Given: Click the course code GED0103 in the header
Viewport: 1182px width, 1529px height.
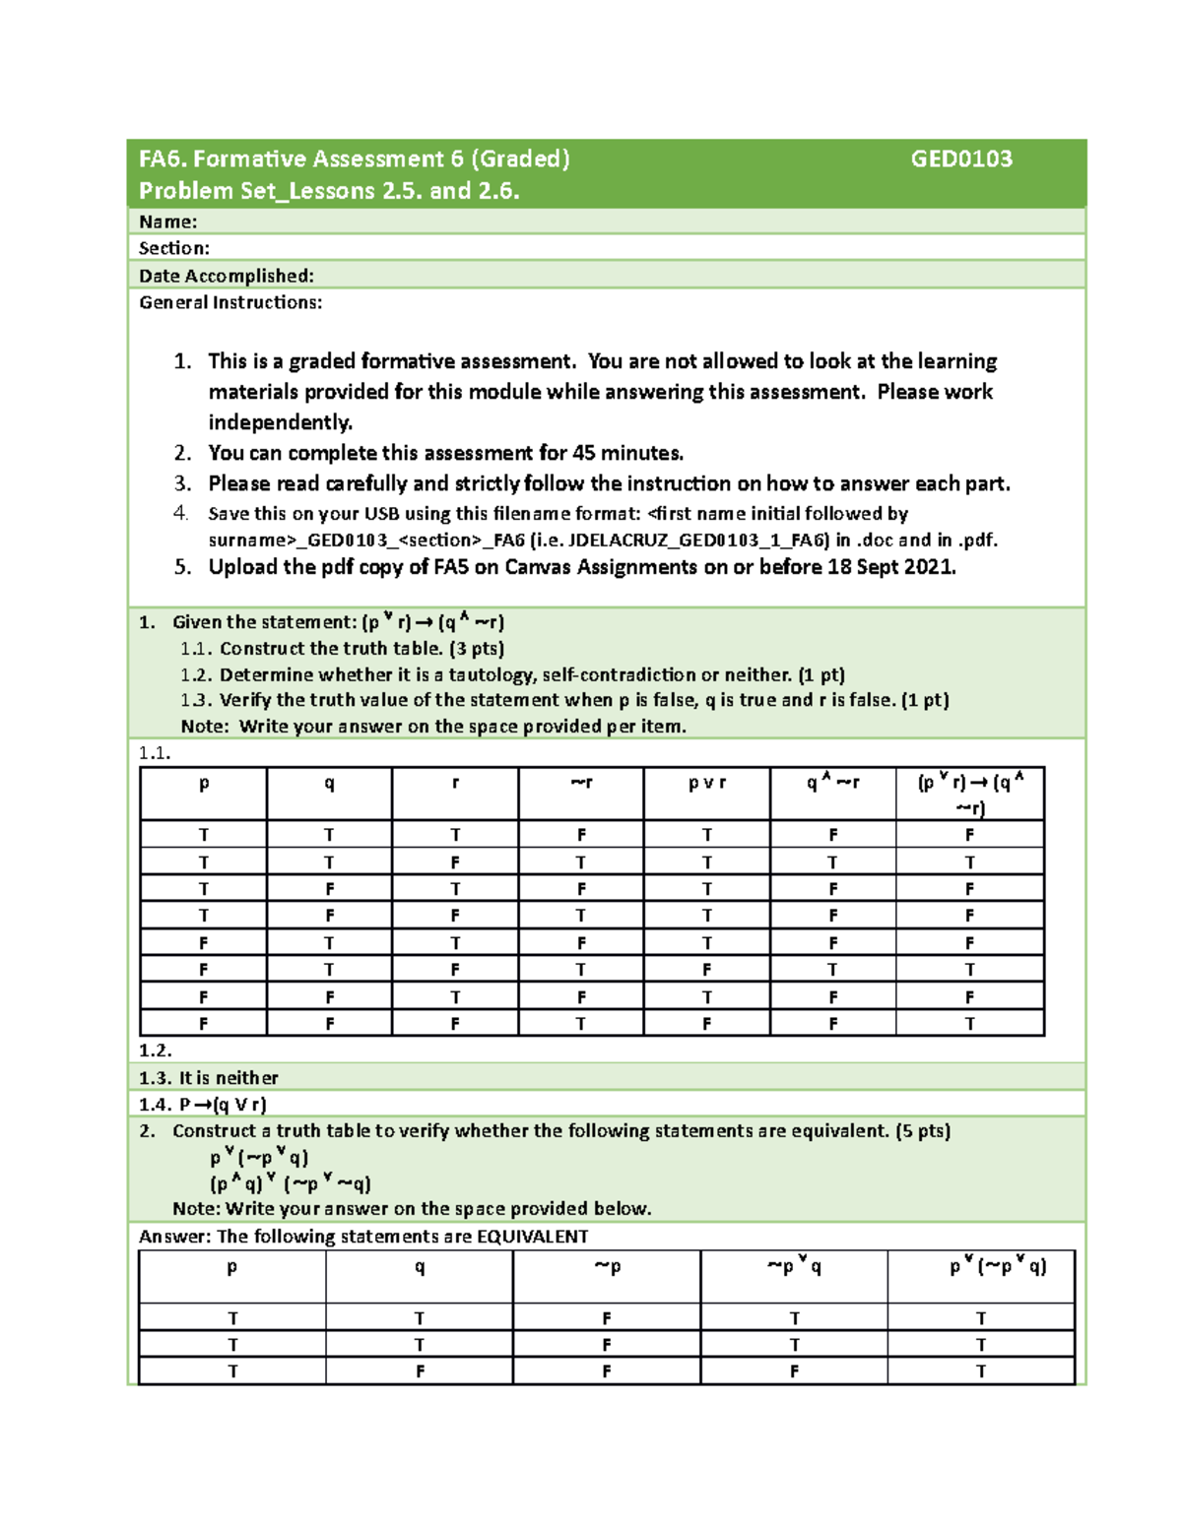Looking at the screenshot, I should (960, 159).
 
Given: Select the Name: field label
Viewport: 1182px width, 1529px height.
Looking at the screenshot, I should (167, 223).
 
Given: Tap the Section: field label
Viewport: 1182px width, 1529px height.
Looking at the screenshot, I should (173, 248).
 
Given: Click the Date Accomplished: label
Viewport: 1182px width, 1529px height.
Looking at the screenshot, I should (226, 276).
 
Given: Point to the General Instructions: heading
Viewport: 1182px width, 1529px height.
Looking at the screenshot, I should (230, 303).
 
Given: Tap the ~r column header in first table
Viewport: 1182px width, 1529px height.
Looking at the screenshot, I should (580, 784).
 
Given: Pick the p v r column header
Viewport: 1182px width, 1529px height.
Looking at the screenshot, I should (706, 784).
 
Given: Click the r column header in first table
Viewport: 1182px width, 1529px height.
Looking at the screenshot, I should (454, 784).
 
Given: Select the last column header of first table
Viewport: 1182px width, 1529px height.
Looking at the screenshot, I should (970, 795).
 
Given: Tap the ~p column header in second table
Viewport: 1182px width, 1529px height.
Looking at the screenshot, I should (607, 1267).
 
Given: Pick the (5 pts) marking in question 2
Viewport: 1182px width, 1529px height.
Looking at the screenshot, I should (923, 1131).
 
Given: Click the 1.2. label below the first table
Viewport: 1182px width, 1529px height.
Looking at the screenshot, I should (155, 1051).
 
